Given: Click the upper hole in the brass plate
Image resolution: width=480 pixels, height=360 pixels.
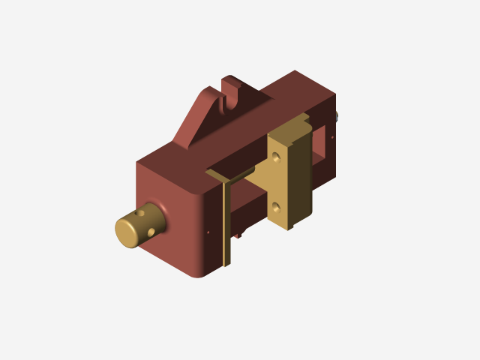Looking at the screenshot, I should tap(278, 157).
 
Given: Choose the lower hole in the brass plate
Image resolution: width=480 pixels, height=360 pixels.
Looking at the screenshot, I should tap(277, 204).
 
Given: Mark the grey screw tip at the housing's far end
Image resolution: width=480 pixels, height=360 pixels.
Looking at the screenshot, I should tap(337, 115).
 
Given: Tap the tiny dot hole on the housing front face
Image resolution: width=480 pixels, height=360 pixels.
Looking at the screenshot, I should tap(208, 232).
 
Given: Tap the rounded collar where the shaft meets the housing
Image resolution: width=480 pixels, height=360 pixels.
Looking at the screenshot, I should tap(160, 212).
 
